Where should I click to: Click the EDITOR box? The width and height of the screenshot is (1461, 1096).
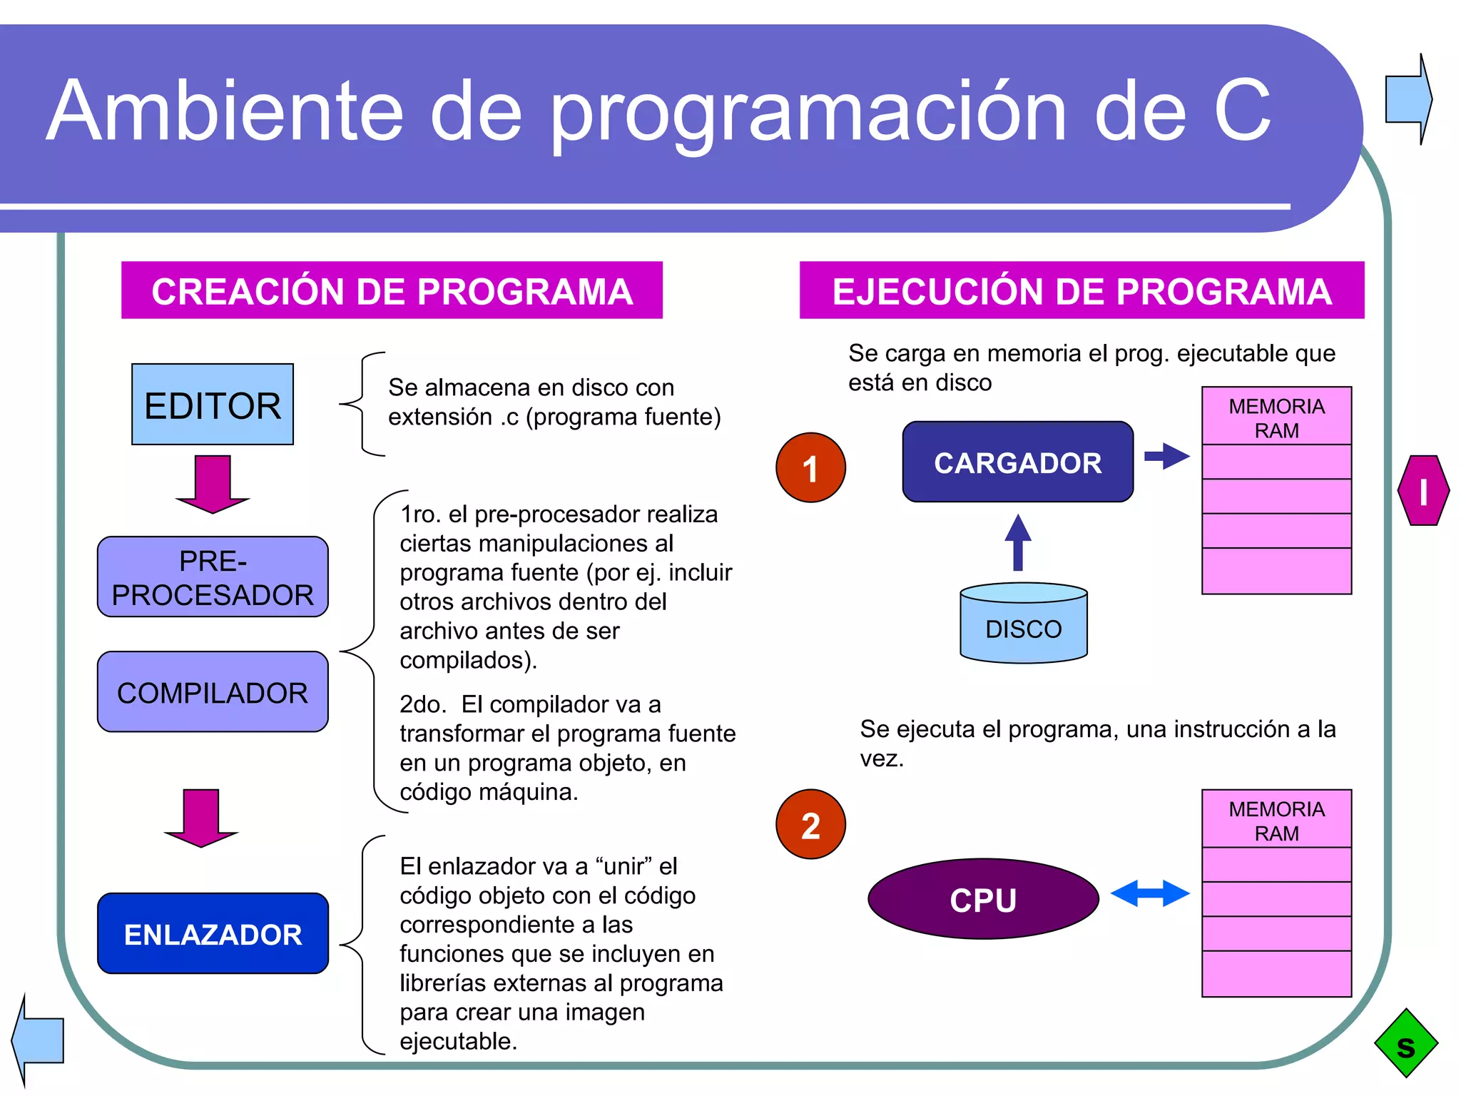tap(213, 405)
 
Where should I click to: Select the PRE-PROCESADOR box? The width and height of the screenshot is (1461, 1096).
tap(213, 577)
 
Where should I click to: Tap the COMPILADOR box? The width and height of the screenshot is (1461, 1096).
tap(213, 691)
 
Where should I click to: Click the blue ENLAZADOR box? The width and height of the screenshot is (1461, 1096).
tap(213, 933)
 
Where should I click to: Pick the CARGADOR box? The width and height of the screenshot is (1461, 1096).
tap(1017, 462)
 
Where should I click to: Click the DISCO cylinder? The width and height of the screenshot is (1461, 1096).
tap(1023, 624)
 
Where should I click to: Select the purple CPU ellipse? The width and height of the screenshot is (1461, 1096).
tap(982, 899)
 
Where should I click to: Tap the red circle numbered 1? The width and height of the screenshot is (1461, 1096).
tap(810, 468)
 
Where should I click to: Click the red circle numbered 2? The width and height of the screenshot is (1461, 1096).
tap(810, 824)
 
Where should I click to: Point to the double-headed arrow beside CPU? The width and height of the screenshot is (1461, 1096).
tap(1150, 893)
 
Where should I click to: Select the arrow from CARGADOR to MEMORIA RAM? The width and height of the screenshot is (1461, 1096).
tap(1166, 456)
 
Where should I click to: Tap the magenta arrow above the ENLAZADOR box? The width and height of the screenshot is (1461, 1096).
tap(201, 818)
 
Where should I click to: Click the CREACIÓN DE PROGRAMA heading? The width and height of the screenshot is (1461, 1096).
tap(392, 290)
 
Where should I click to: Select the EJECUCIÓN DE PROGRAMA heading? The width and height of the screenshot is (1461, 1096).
tap(1081, 290)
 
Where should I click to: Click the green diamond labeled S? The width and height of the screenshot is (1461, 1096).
tap(1405, 1043)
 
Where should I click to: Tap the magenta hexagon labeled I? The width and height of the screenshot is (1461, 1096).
tap(1423, 491)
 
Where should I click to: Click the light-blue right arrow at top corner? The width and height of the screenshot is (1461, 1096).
tap(1408, 99)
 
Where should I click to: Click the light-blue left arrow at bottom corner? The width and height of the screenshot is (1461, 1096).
tap(39, 1040)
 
